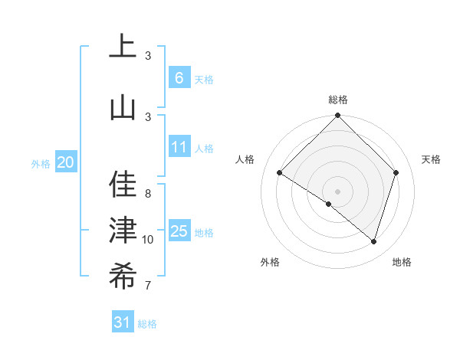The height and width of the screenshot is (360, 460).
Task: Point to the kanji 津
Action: (123, 230)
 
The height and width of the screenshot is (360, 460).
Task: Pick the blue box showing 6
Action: (179, 77)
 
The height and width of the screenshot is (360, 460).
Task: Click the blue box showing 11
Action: (179, 146)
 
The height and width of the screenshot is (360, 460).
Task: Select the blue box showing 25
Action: (179, 231)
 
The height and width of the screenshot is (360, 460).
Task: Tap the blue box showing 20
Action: (66, 162)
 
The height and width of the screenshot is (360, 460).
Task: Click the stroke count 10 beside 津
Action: (148, 240)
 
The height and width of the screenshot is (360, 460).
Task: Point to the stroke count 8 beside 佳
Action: (148, 194)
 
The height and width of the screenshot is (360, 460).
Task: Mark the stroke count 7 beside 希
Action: (148, 286)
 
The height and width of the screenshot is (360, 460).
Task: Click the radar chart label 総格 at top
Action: (338, 100)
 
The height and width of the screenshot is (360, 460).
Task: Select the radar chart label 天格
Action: (431, 159)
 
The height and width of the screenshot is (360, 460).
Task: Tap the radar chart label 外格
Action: (269, 262)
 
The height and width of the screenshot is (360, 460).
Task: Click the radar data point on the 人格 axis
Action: (280, 173)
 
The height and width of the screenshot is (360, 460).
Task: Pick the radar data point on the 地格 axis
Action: (373, 241)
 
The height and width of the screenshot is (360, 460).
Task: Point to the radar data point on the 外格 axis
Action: (329, 205)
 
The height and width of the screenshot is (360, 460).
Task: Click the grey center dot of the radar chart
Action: (337, 191)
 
